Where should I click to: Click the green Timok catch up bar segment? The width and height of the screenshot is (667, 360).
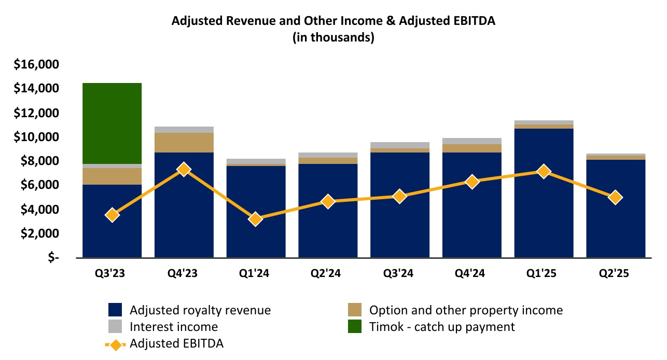112,123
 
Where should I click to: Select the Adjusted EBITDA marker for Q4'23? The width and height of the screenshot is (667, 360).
184,169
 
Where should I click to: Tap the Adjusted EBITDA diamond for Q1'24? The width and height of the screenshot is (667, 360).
255,219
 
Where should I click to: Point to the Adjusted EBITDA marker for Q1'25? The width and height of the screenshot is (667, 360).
544,171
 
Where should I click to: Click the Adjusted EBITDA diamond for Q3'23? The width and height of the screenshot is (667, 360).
112,215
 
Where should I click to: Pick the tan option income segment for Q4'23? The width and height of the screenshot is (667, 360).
184,143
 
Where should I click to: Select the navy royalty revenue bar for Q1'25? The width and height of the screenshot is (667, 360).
544,218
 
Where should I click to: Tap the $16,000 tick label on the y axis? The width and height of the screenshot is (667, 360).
36,65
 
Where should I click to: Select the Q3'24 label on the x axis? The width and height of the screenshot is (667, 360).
399,274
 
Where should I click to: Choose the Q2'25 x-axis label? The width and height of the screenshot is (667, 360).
615,274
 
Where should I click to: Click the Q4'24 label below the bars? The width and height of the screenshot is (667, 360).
471,274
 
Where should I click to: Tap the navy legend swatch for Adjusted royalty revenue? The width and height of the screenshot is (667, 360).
115,310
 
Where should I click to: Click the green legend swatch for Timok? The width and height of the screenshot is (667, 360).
355,327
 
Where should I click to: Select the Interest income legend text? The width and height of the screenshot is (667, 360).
174,327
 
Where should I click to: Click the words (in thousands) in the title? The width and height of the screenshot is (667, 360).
333,37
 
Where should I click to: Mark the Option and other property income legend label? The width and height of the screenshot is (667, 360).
466,310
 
